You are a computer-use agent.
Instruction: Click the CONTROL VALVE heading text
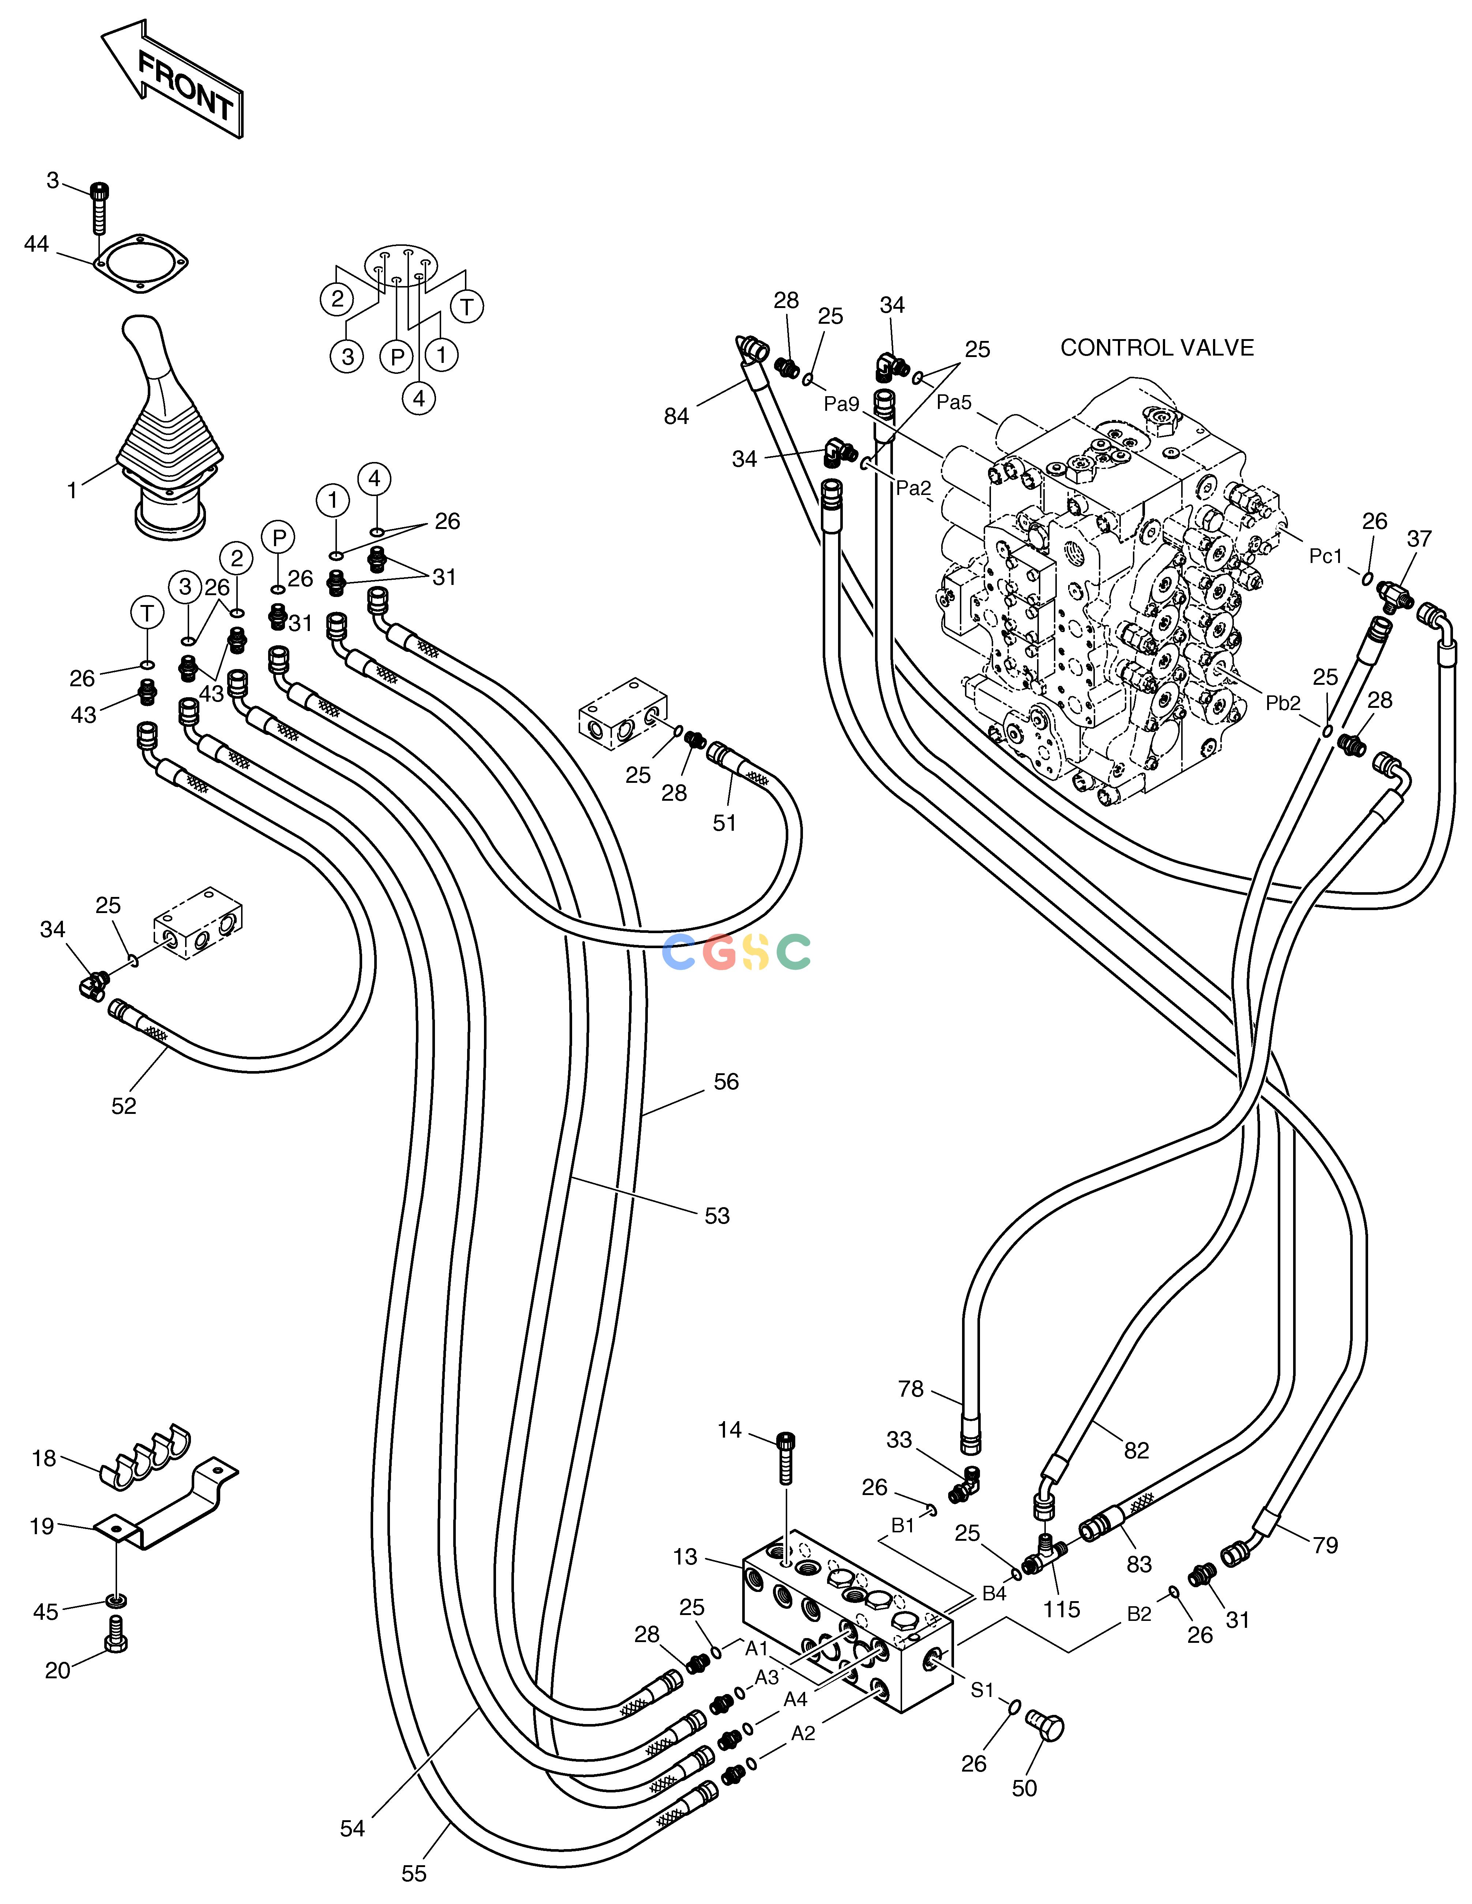pyautogui.click(x=1156, y=348)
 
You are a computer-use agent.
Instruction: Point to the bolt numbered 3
pyautogui.click(x=100, y=209)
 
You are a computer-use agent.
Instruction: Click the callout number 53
pyautogui.click(x=717, y=1216)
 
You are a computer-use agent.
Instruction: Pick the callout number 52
pyautogui.click(x=124, y=1105)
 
